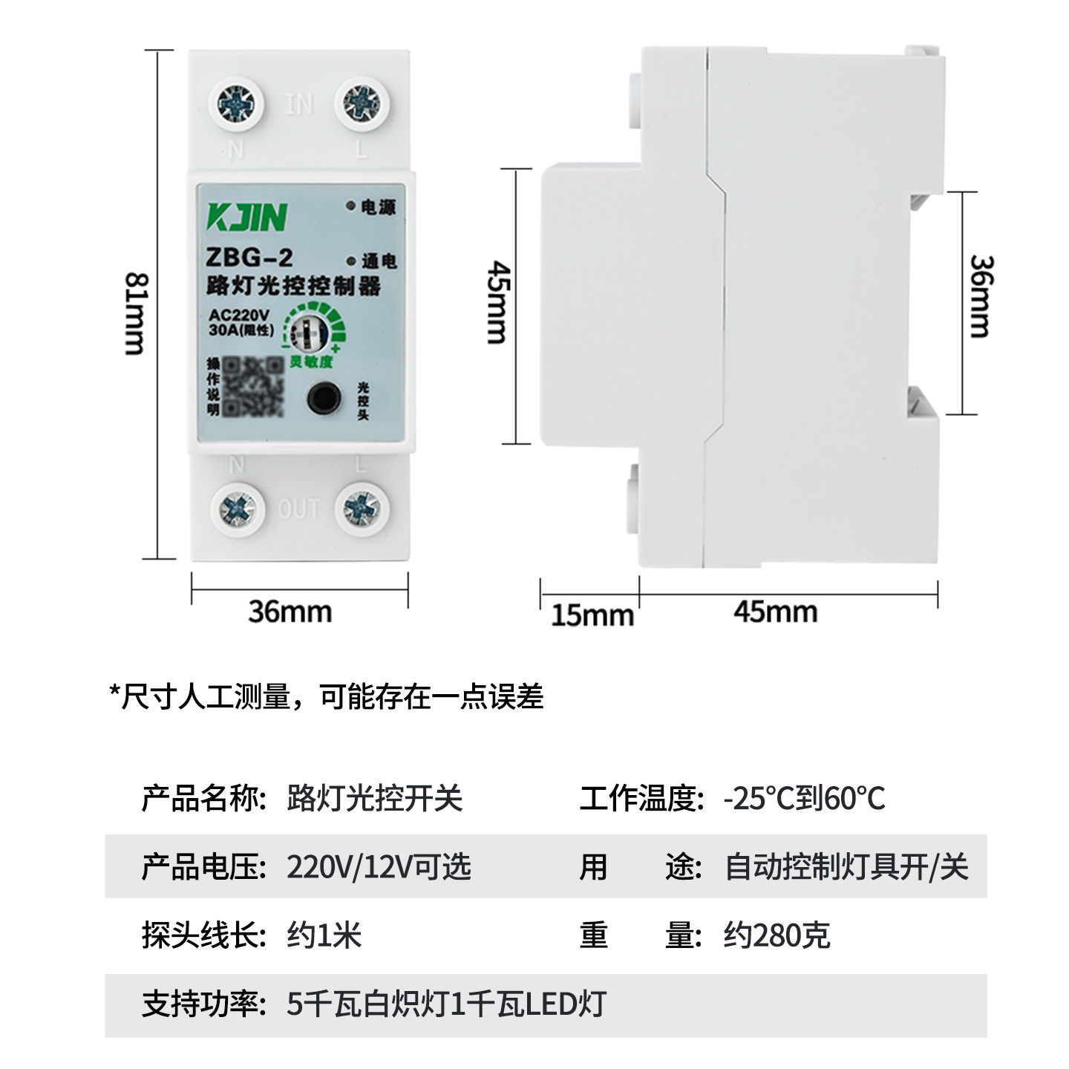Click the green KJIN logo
click(x=246, y=217)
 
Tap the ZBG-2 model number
click(x=249, y=258)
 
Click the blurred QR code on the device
click(x=255, y=387)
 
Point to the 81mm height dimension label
click(x=137, y=313)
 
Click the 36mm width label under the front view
click(x=290, y=612)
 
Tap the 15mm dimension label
click(x=592, y=615)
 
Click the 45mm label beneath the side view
click(x=775, y=612)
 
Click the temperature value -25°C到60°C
click(x=805, y=799)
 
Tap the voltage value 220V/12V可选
click(x=379, y=866)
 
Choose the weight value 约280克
click(x=777, y=935)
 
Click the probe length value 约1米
click(x=324, y=935)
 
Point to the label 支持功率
click(x=203, y=1004)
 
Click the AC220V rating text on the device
click(x=238, y=314)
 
